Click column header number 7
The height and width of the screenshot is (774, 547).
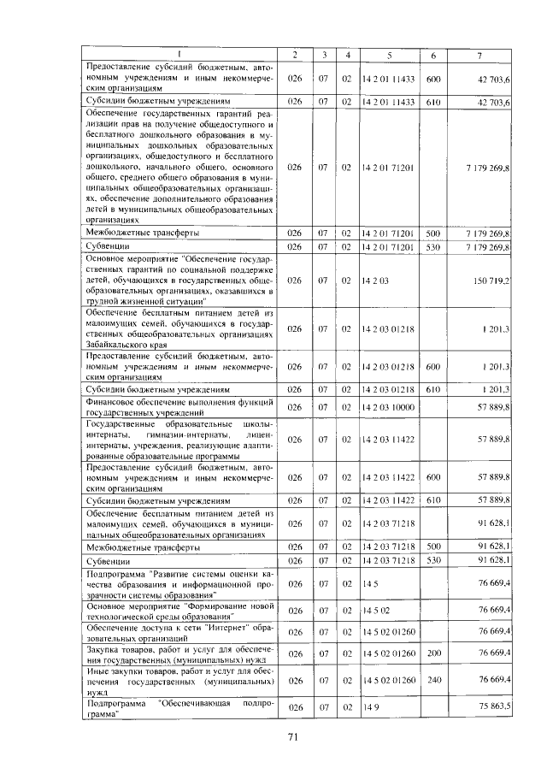point(479,56)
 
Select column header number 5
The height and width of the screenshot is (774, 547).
point(389,56)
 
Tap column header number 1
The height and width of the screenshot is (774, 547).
point(179,56)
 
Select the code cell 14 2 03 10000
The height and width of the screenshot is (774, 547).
point(388,407)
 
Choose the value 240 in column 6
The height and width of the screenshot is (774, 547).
point(432,680)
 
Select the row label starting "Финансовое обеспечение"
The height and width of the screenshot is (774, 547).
point(179,407)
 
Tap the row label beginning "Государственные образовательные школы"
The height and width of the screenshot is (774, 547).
point(179,440)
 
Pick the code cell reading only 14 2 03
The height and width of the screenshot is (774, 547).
point(374,281)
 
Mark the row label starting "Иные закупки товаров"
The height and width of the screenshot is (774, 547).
point(179,679)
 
